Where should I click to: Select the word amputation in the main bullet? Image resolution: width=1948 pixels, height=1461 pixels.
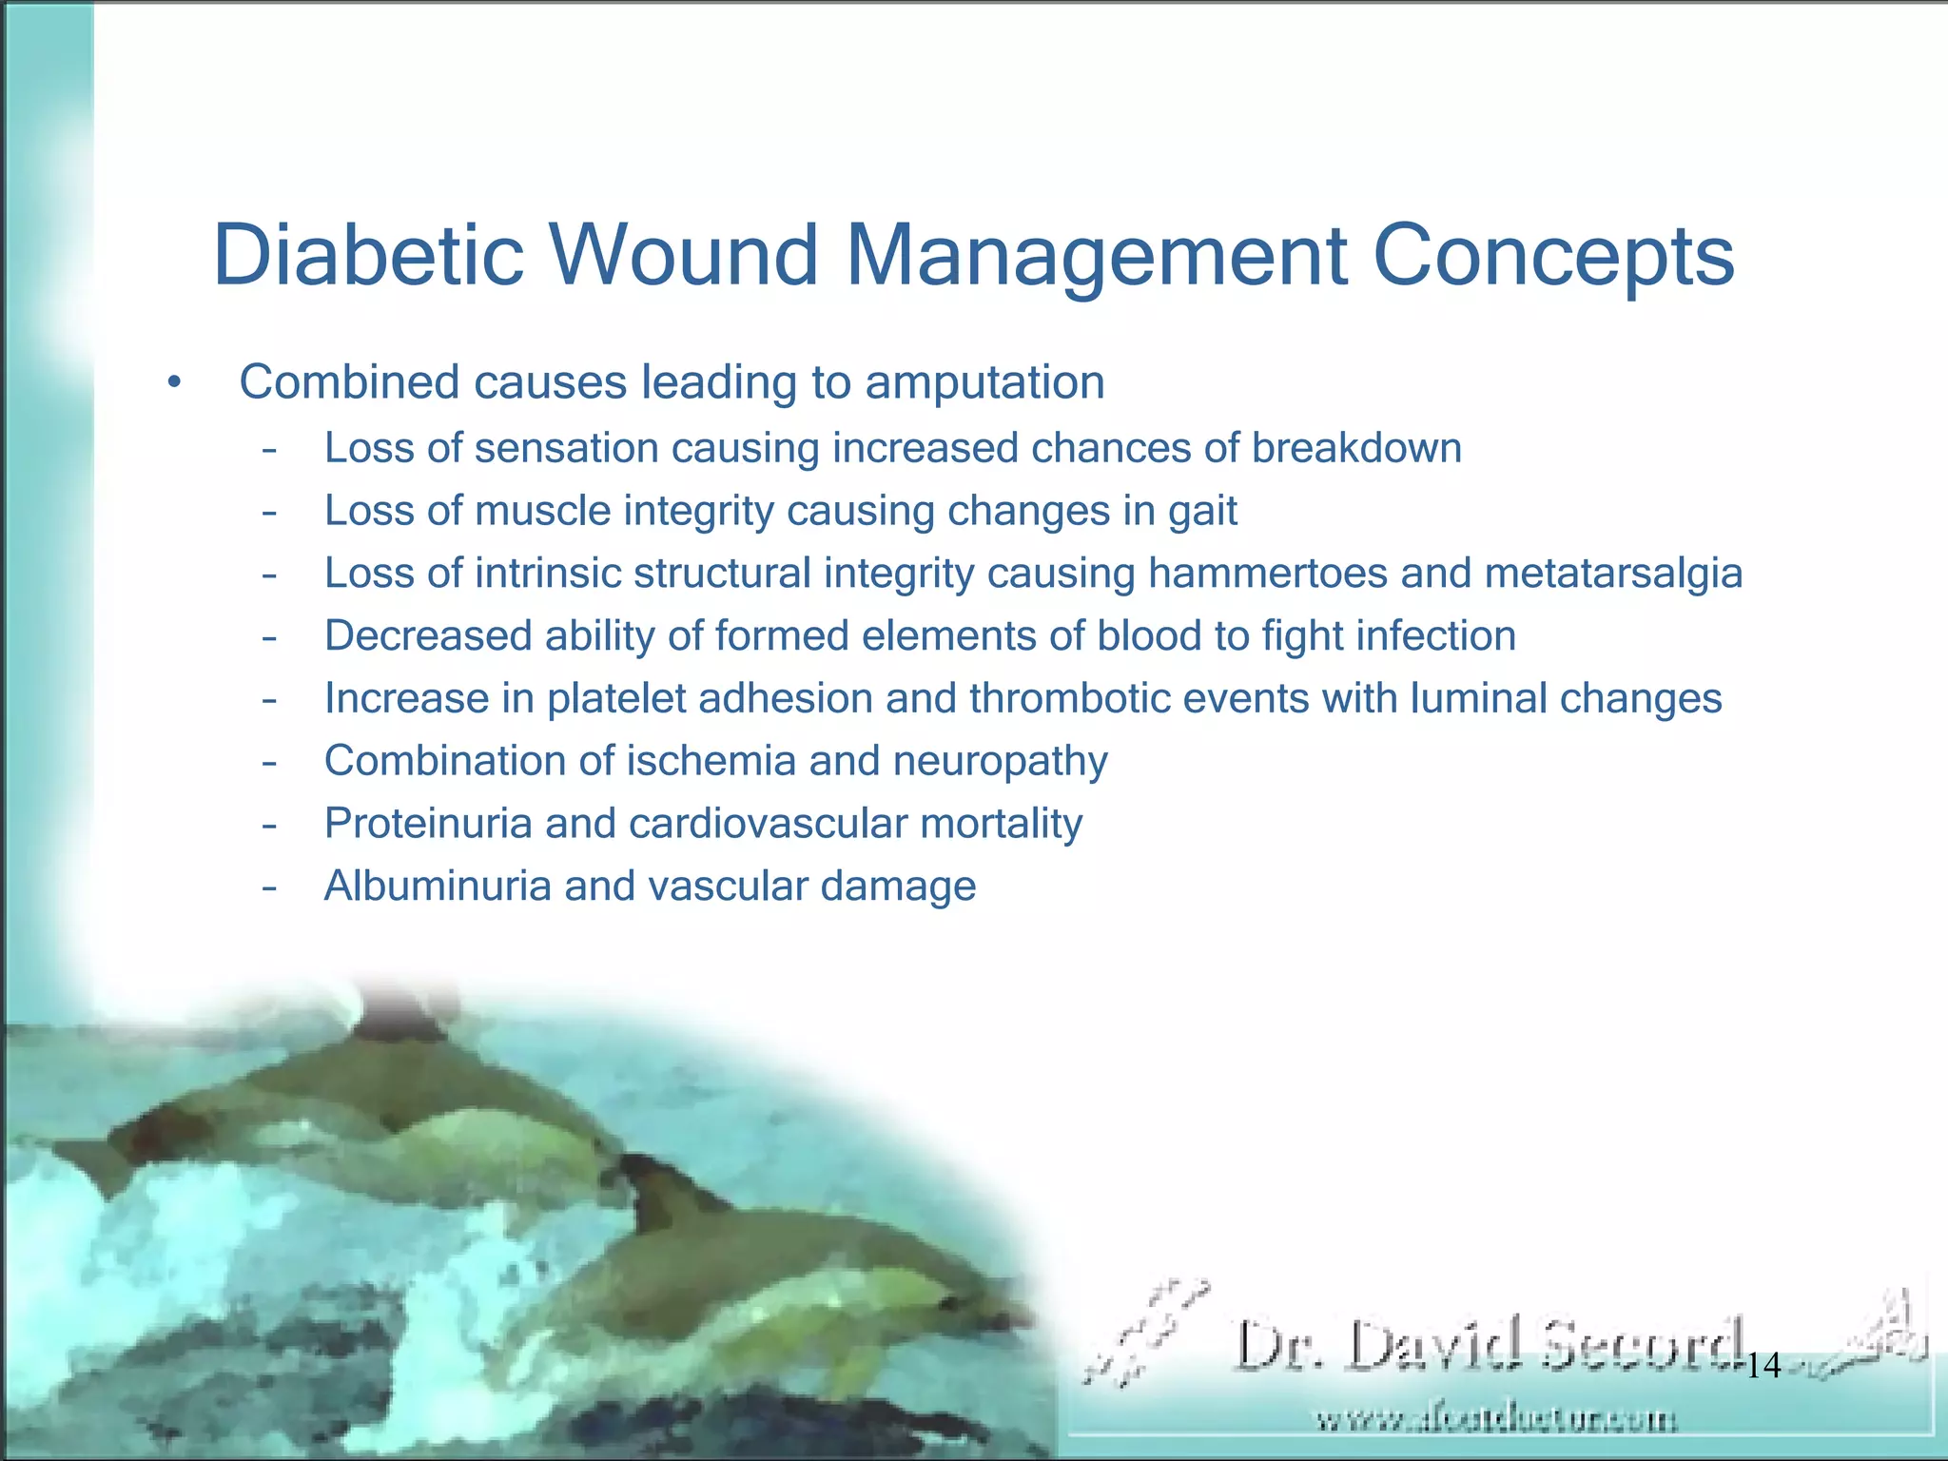point(984,382)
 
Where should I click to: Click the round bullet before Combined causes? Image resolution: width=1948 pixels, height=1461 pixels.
point(172,383)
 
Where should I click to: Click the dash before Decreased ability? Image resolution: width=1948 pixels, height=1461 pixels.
point(270,636)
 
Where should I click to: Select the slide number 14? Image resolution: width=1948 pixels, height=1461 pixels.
point(1764,1367)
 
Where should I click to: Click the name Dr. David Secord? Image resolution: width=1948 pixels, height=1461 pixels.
point(1490,1345)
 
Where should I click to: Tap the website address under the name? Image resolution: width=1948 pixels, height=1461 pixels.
point(1496,1420)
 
